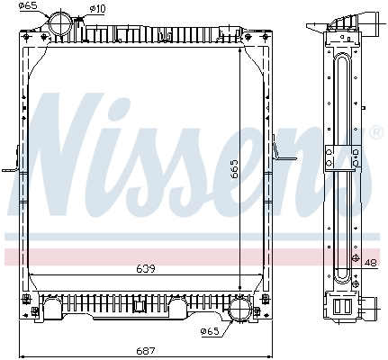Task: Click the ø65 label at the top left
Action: pyautogui.click(x=29, y=6)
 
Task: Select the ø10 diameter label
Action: pyautogui.click(x=97, y=9)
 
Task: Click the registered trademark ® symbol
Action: pyautogui.click(x=375, y=133)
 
